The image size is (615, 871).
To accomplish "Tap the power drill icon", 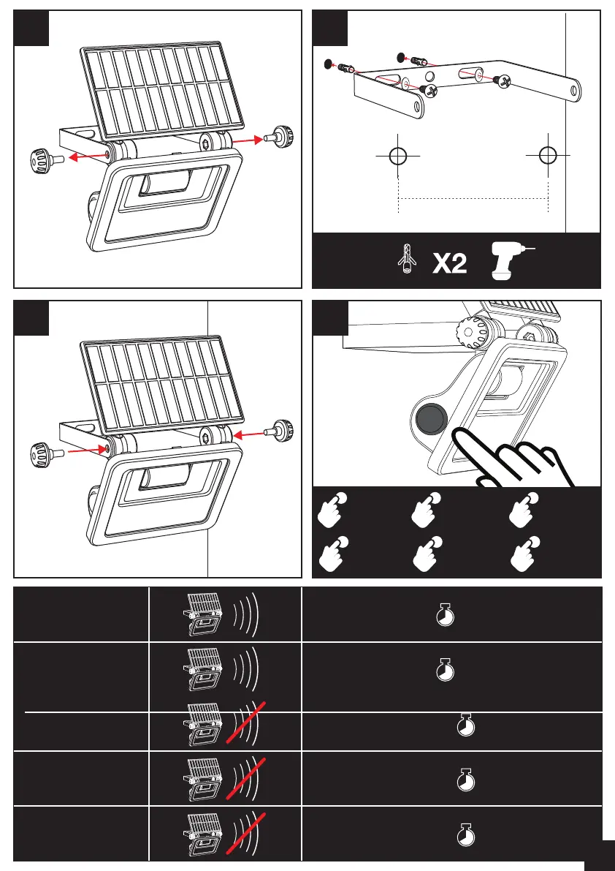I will (x=510, y=261).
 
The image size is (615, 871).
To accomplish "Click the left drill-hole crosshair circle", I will (x=397, y=156).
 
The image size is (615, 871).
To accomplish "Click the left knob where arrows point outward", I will (x=42, y=157).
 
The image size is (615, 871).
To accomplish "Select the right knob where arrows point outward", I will (x=281, y=136).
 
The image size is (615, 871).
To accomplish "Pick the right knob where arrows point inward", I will (x=283, y=431).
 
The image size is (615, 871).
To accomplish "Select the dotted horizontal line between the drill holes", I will (x=473, y=197).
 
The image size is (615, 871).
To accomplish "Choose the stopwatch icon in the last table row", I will (x=465, y=834).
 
